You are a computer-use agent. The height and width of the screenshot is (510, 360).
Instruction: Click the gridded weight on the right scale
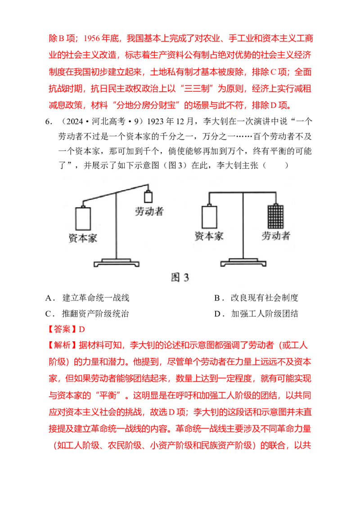coord(275,216)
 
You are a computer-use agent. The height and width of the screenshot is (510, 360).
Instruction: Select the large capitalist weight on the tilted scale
coord(83,219)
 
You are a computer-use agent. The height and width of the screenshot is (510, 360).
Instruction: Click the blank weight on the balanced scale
coord(209,217)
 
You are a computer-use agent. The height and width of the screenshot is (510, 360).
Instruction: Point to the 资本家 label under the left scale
coord(83,238)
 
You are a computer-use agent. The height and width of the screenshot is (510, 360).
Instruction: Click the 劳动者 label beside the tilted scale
coord(149,211)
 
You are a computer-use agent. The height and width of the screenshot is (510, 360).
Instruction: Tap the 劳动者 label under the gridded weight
coord(276,236)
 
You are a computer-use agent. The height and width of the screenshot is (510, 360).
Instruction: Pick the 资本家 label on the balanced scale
coord(209,236)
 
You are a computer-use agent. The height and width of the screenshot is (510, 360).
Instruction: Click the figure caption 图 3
coord(180,277)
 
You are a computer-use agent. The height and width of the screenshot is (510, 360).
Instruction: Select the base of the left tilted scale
coord(117,263)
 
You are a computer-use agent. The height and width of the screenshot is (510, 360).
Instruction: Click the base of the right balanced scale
coord(243,262)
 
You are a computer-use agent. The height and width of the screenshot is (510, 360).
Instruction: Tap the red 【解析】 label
coord(63,345)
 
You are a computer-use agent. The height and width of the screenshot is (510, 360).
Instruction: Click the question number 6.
coord(48,121)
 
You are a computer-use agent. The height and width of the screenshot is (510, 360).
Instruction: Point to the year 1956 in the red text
coord(92,38)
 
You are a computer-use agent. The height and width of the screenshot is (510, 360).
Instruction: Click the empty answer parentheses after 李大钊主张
coord(275,166)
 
